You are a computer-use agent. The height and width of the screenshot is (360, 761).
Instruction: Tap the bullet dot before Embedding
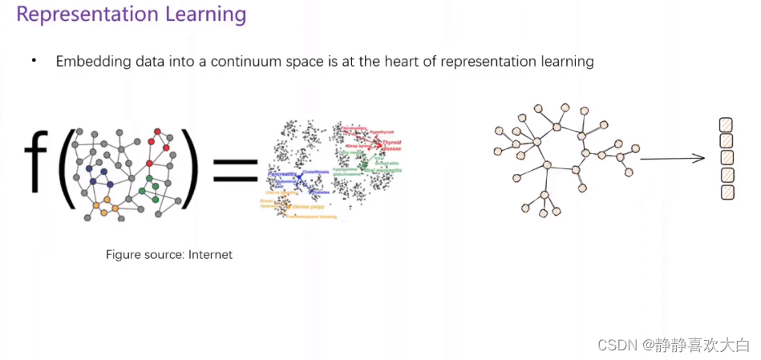34,61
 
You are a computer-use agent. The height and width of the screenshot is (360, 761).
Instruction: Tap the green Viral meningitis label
384,171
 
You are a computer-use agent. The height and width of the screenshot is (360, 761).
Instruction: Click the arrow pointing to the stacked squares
672,159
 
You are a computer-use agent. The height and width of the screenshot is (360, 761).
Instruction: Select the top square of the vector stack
727,125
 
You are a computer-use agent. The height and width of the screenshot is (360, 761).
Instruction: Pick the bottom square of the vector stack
727,192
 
